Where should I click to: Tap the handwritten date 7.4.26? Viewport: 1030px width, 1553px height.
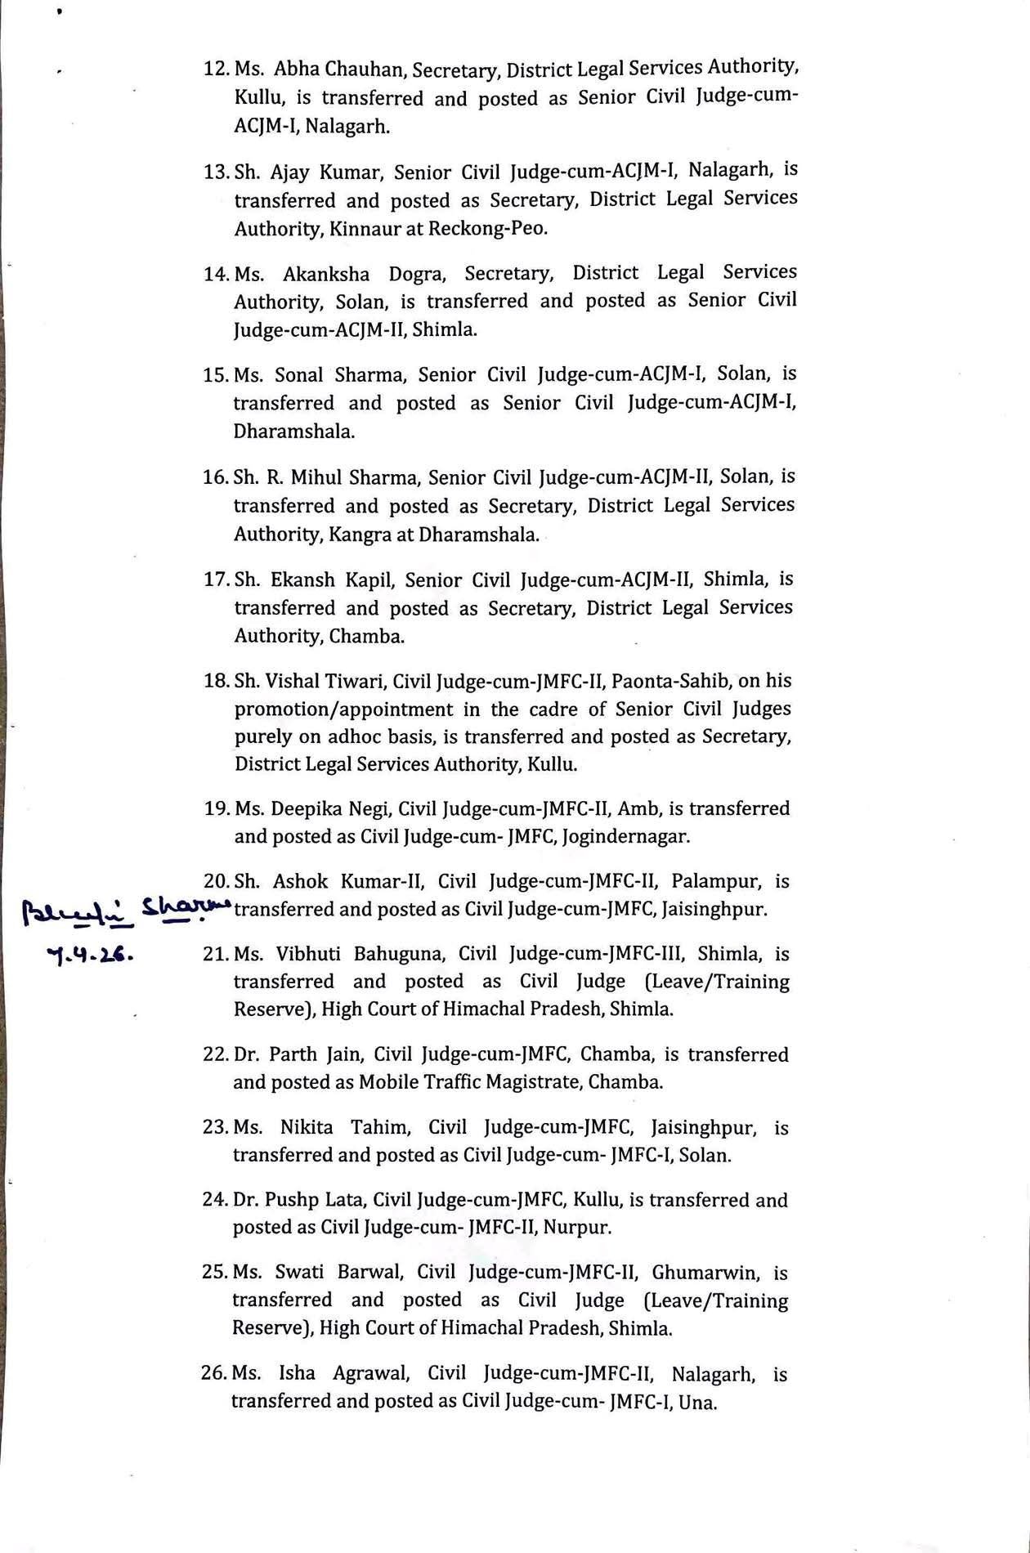tap(91, 954)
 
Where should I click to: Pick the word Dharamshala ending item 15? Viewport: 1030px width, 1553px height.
tap(293, 432)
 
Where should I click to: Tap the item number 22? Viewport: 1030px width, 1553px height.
tap(215, 1055)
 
